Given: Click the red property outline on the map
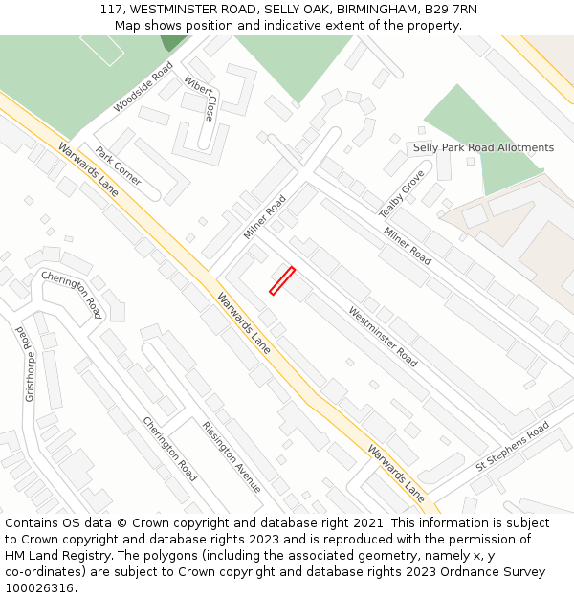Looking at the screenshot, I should tap(281, 281).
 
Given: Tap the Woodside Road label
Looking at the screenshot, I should tap(143, 87).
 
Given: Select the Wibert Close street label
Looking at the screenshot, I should tap(201, 98).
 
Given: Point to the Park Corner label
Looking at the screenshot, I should tap(118, 166).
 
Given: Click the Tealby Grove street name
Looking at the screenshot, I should tap(402, 193).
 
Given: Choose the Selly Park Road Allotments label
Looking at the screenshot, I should tap(483, 148).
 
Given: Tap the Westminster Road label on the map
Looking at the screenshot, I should tap(383, 337).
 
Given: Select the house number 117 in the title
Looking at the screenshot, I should tap(111, 10).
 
